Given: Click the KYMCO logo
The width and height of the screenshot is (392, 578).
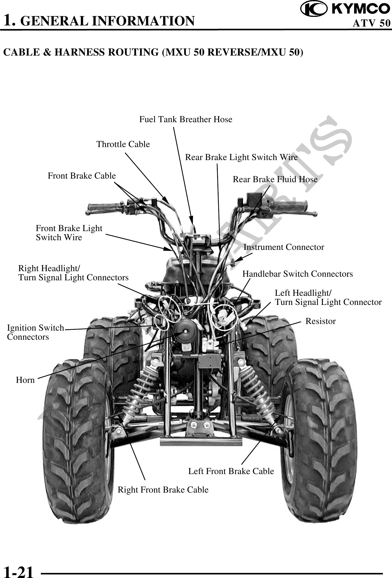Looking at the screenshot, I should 345,9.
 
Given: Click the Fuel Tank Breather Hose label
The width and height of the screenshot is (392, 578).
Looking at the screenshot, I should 186,119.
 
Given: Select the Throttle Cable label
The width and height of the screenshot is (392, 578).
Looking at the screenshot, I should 123,144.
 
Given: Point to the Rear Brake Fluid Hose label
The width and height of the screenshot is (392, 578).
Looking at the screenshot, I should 275,180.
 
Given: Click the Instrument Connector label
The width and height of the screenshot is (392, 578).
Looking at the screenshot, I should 284,247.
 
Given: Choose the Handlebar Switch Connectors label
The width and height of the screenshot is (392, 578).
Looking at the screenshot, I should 297,274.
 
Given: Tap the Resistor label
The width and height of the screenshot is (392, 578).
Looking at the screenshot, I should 320,321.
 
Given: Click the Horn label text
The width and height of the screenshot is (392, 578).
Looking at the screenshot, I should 25,380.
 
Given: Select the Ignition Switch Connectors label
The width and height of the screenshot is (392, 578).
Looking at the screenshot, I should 35,332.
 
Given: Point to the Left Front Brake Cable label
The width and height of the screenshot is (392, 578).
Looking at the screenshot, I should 231,471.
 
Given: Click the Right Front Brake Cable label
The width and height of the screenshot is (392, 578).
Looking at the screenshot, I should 163,490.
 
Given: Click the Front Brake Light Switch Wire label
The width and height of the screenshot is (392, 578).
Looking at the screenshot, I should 69,233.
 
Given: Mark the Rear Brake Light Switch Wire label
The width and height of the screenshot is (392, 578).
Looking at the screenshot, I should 241,157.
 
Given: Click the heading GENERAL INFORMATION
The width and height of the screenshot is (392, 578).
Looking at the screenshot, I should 108,21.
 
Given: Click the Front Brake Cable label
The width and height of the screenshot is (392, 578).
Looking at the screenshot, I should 82,176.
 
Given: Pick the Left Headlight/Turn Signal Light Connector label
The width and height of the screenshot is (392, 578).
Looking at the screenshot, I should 328,297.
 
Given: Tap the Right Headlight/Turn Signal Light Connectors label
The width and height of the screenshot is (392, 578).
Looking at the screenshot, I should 73,273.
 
